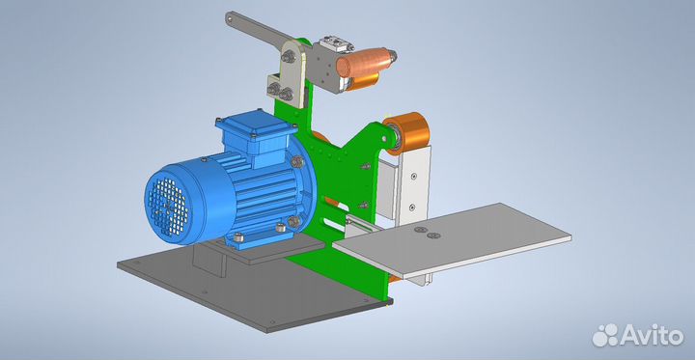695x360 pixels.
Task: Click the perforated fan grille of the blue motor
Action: point(168,208)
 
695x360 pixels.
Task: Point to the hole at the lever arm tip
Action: point(230,17)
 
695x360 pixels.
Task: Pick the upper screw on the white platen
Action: point(413,176)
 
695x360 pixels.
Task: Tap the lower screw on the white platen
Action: point(412,207)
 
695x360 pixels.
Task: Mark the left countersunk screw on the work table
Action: point(420,230)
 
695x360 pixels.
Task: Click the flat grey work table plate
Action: point(452,239)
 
